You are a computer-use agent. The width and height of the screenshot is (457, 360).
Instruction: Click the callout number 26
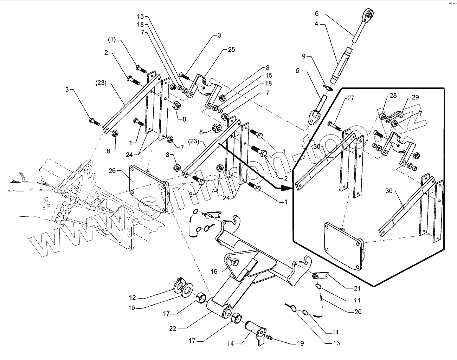pos(112,171)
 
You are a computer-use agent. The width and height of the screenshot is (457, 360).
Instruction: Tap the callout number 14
pos(231,343)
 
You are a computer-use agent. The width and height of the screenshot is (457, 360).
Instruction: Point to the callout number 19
pos(300,343)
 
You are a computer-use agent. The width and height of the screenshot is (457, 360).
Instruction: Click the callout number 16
pos(214,271)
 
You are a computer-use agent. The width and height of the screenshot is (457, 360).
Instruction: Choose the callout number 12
pos(132,298)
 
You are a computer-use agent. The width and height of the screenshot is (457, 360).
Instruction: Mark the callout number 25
pos(231,50)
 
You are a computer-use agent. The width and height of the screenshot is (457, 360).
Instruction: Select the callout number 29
pos(416,97)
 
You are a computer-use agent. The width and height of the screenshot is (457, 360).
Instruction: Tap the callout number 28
pos(393,96)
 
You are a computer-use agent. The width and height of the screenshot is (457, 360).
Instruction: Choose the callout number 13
pos(336,343)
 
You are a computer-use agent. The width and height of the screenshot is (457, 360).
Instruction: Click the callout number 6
pos(316,14)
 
